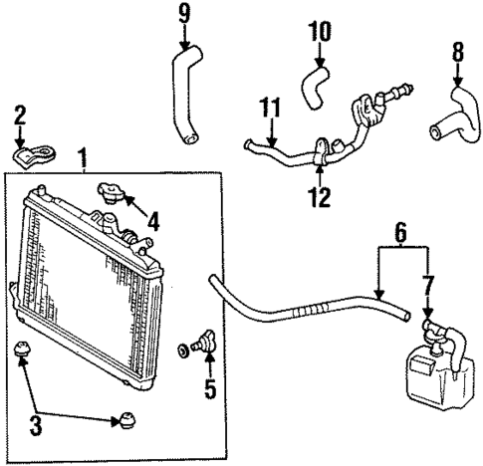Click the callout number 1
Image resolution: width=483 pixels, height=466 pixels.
click(x=84, y=158)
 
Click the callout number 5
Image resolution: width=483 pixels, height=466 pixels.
click(x=209, y=388)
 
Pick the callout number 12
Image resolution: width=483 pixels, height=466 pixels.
click(x=318, y=199)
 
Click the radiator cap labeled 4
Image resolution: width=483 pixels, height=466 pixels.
click(x=109, y=191)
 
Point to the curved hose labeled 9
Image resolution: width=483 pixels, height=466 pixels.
click(x=184, y=100)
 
